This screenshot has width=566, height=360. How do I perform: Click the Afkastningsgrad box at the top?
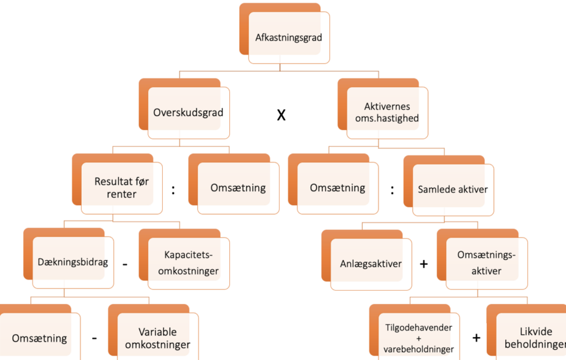pos(285,34)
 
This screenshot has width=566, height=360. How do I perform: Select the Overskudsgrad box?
pos(184,109)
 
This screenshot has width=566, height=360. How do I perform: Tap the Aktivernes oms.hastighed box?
pos(383,109)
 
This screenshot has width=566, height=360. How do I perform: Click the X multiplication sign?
pos(281,115)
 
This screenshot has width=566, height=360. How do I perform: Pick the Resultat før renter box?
pos(117,184)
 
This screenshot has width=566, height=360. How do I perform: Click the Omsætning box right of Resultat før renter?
pos(234,184)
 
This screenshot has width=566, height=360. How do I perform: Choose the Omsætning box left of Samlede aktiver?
pos(333,184)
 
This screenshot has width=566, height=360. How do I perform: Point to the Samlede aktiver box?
pos(449,186)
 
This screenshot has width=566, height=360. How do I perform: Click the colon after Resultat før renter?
pos(173,190)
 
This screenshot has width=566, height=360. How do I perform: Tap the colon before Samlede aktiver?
pos(392,190)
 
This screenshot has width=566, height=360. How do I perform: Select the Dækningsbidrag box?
pos(69,258)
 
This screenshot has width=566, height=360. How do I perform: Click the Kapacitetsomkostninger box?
pos(184,259)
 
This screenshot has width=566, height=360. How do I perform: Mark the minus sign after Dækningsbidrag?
pos(125,265)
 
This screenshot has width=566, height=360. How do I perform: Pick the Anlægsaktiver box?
pos(367,260)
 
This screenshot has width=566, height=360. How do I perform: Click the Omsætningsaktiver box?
pos(482,259)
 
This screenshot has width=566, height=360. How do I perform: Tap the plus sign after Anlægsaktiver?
pos(424,264)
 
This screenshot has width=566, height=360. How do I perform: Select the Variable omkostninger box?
pos(154,332)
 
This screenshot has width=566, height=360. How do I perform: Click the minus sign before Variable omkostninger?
pos(94,338)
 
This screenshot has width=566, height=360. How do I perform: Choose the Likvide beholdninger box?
pos(526,332)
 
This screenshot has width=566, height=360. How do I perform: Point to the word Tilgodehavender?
pos(419,327)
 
